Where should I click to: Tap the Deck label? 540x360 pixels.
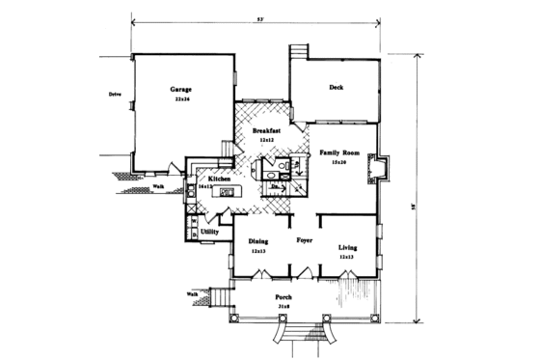[336, 88]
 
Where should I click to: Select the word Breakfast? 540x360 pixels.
[267, 129]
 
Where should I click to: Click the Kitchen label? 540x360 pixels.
[217, 179]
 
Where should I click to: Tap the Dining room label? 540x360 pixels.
[257, 241]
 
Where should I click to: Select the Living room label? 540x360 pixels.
[348, 248]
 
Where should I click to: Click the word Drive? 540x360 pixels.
[114, 95]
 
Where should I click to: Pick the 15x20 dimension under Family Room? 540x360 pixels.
[339, 163]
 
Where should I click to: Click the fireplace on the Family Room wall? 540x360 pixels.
[382, 171]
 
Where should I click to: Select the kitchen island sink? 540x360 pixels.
[228, 194]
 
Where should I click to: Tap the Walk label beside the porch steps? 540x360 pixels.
[192, 292]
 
